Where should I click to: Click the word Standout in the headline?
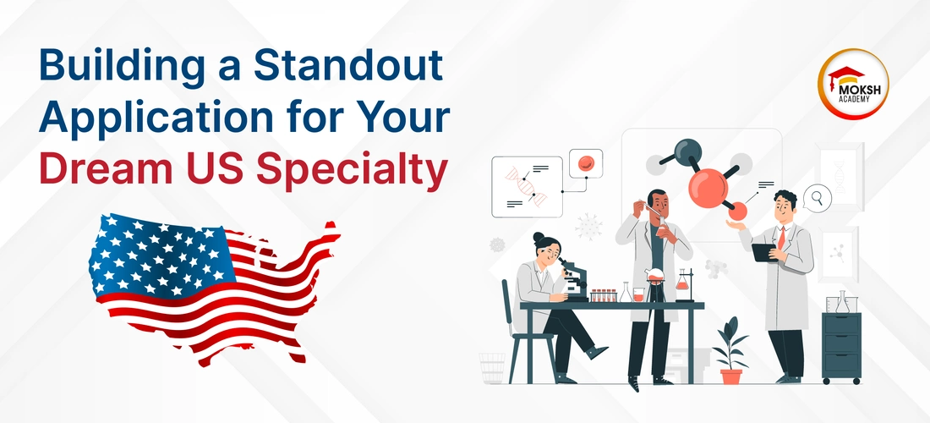pyautogui.click(x=348, y=66)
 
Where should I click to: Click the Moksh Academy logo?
pyautogui.click(x=853, y=85)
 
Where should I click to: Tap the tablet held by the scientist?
pyautogui.click(x=764, y=252)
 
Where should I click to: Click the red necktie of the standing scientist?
pyautogui.click(x=782, y=238)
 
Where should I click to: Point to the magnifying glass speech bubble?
pyautogui.click(x=817, y=198)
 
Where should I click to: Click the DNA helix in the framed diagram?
pyautogui.click(x=526, y=186)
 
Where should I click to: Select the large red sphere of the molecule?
pyautogui.click(x=708, y=188)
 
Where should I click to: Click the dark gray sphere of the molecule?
pyautogui.click(x=688, y=152)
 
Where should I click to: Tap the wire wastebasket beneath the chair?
pyautogui.click(x=492, y=368)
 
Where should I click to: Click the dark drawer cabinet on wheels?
pyautogui.click(x=841, y=348)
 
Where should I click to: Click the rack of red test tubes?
pyautogui.click(x=604, y=295)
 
